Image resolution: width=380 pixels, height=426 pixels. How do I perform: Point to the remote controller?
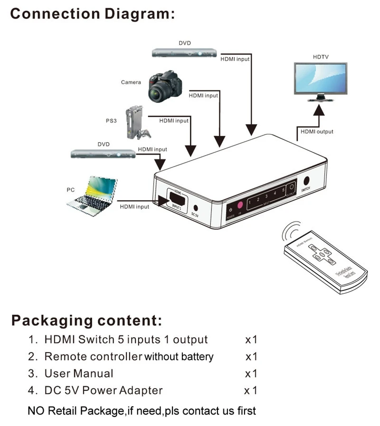[325, 261]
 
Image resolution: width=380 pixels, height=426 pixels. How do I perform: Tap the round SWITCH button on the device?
[306, 180]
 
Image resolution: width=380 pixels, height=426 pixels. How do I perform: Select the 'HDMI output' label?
[317, 131]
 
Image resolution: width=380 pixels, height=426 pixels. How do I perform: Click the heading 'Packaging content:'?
[87, 320]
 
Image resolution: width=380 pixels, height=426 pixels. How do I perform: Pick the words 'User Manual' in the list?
[79, 373]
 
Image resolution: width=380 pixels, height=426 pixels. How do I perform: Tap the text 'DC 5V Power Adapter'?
[104, 390]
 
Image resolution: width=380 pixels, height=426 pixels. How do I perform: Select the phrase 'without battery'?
[179, 357]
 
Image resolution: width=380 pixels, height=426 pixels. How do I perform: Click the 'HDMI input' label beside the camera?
[203, 95]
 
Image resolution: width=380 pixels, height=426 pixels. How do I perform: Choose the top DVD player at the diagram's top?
[184, 53]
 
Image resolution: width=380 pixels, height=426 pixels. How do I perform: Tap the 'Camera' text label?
[131, 82]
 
